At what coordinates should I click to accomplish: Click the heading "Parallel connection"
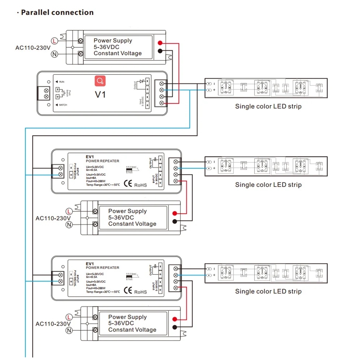pyautogui.click(x=57, y=12)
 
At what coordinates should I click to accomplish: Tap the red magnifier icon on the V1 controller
pyautogui.click(x=100, y=81)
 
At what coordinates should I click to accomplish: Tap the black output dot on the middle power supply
pyautogui.click(x=175, y=221)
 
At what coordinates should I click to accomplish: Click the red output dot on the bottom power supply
pyautogui.click(x=175, y=319)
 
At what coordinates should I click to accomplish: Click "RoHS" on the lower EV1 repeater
pyautogui.click(x=141, y=291)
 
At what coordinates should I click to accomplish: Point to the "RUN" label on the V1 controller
pyautogui.click(x=61, y=82)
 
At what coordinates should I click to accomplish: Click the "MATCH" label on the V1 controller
pyautogui.click(x=63, y=105)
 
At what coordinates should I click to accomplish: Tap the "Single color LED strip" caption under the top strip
pyautogui.click(x=268, y=106)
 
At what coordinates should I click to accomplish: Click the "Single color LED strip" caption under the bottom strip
pyautogui.click(x=268, y=291)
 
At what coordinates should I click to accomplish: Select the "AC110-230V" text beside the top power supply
pyautogui.click(x=33, y=48)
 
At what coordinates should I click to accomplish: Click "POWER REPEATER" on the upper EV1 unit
pyautogui.click(x=102, y=161)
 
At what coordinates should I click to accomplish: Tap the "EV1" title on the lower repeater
pyautogui.click(x=90, y=264)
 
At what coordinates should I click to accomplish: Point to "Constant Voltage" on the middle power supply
pyautogui.click(x=132, y=224)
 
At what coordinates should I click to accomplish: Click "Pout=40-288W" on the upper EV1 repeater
pyautogui.click(x=98, y=182)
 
